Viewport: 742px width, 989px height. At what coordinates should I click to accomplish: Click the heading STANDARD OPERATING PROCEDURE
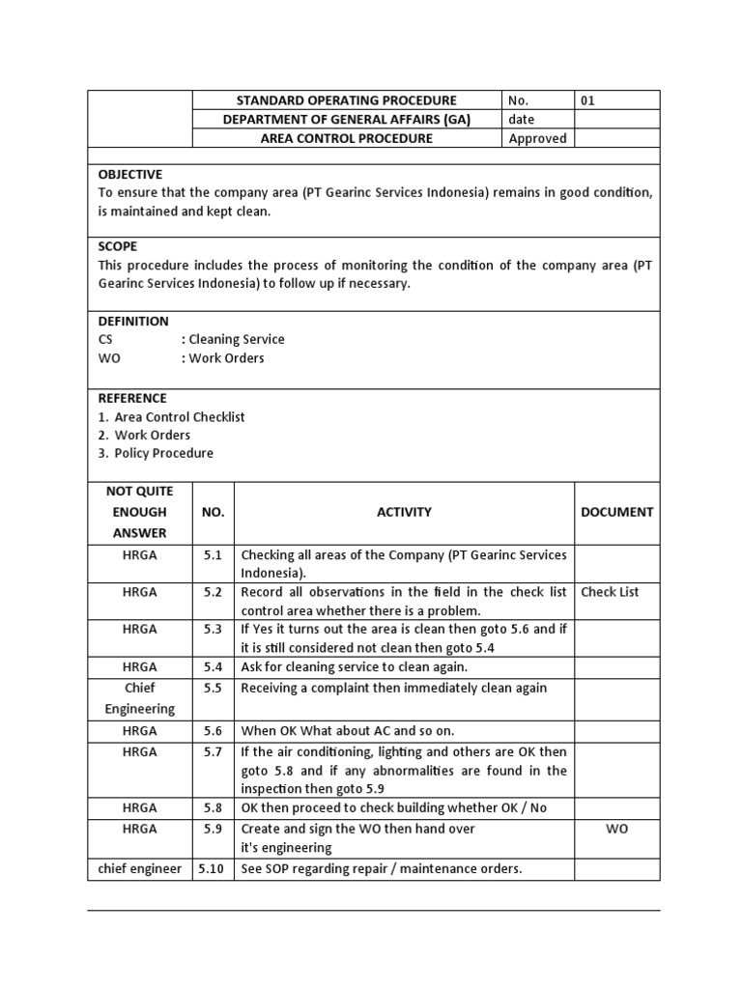coord(347,100)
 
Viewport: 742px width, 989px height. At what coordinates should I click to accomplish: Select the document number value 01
coord(588,100)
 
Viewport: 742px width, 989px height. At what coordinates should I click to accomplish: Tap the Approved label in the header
coord(537,138)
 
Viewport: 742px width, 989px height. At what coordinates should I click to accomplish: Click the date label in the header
coord(522,120)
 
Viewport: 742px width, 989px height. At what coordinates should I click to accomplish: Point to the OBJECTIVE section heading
coord(130,174)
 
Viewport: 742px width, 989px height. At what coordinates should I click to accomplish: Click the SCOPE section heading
coord(118,246)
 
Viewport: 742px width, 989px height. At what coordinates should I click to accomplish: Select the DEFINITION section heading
coord(133,321)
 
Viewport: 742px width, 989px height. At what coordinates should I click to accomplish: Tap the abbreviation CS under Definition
coord(106,339)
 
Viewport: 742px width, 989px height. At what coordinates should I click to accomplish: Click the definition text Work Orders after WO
coord(226,357)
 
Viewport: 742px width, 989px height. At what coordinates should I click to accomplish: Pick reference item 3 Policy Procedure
coord(163,453)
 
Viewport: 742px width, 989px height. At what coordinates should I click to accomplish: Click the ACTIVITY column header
coord(404,512)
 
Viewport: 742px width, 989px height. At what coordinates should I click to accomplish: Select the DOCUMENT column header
coord(616,512)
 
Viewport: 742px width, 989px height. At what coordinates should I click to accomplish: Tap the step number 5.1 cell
coord(213,554)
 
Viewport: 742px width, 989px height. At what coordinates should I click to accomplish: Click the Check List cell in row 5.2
coord(610,592)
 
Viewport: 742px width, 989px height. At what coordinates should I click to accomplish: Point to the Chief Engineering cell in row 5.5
coord(140,697)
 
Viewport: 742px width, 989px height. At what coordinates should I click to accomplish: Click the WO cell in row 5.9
coord(616,829)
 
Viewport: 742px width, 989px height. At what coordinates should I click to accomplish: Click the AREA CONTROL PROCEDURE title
coord(347,138)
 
